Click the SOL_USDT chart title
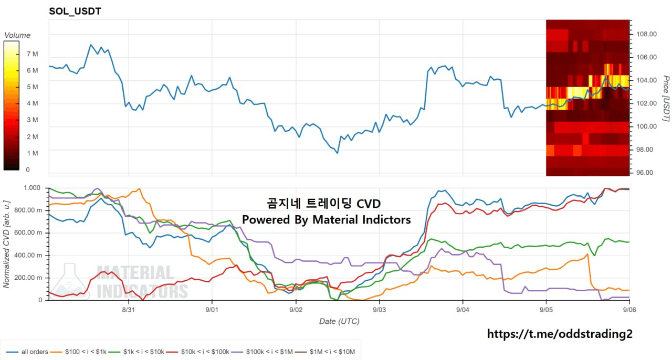click(x=75, y=11)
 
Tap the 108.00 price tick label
click(x=647, y=34)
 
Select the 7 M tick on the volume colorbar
click(x=33, y=54)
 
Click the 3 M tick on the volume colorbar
click(x=33, y=120)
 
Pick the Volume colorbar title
click(x=17, y=35)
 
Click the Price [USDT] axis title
click(x=666, y=99)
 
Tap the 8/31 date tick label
click(x=129, y=310)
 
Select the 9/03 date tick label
click(x=379, y=310)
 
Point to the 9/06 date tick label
click(x=629, y=310)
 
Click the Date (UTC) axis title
click(x=339, y=321)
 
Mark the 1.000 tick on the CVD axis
click(x=32, y=188)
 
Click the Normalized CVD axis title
click(x=6, y=244)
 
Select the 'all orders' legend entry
click(x=27, y=352)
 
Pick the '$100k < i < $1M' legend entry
click(x=262, y=352)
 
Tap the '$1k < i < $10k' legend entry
click(x=137, y=352)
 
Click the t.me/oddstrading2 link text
click(x=560, y=334)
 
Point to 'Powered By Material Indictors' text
click(x=327, y=219)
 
